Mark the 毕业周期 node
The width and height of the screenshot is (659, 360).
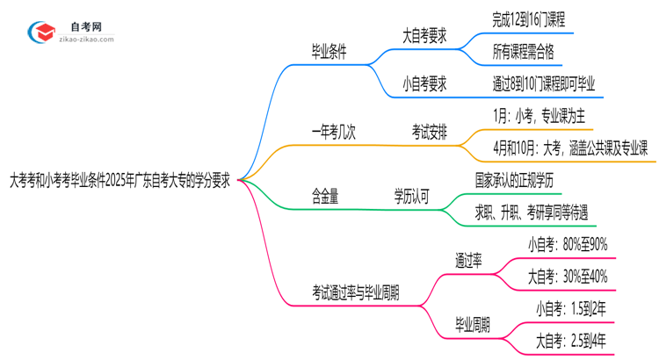coord(473,323)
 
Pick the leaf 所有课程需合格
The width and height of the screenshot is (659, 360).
coord(524,52)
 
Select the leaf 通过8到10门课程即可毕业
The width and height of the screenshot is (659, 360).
coord(544,84)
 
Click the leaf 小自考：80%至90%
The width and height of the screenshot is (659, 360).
coord(567,245)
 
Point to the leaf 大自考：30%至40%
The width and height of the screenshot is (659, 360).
coord(567,277)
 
